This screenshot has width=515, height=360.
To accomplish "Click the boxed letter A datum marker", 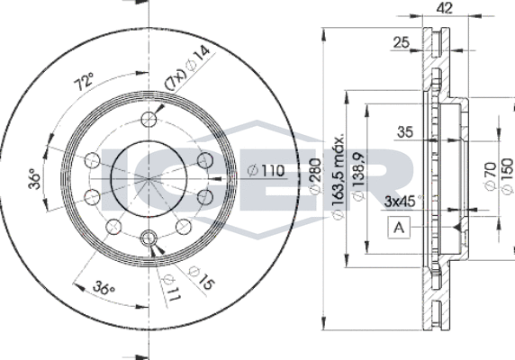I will tap(397, 229).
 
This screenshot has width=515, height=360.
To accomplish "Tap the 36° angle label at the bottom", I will tap(105, 289).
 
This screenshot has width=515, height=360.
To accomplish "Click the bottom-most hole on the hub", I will tap(149, 239).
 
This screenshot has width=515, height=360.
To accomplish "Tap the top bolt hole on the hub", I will tap(149, 119).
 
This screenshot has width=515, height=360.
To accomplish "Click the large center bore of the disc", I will tap(149, 178).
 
